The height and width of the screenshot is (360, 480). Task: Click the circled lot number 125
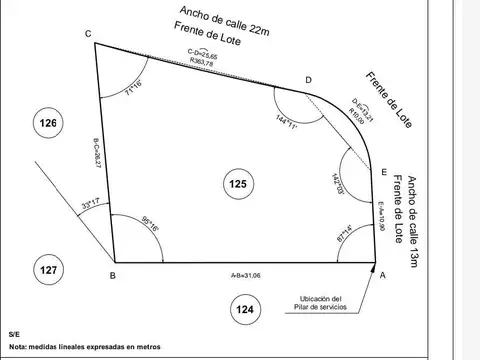238,183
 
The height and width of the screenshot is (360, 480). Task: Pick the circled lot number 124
245,309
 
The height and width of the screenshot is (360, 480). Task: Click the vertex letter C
88,34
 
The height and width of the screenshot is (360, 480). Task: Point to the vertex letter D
308,80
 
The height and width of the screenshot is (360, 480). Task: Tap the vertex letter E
385,173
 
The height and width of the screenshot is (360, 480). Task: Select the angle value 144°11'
286,121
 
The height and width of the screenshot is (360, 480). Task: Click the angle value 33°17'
90,205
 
